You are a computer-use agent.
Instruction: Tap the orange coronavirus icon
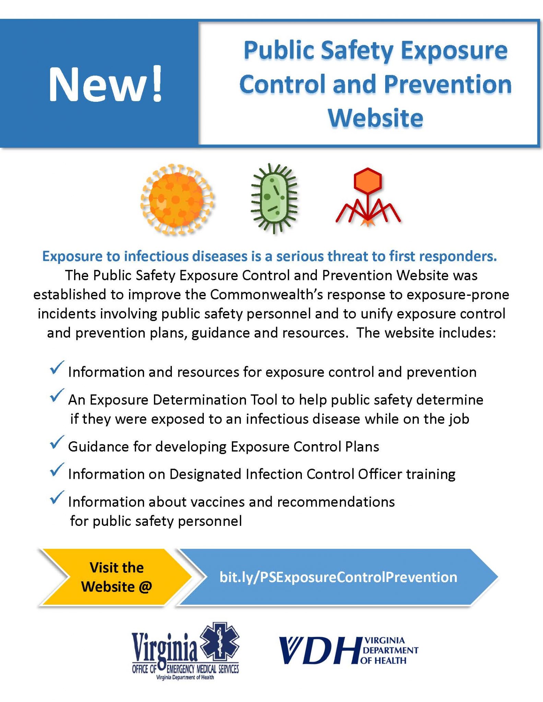[x=177, y=200]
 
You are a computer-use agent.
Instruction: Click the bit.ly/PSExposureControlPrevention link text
[x=338, y=577]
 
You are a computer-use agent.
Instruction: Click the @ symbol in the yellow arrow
[x=145, y=587]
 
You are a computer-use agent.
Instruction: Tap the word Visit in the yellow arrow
[x=102, y=568]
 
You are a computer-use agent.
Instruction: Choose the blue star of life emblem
[x=220, y=644]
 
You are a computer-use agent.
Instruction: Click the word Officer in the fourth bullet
[x=380, y=474]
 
